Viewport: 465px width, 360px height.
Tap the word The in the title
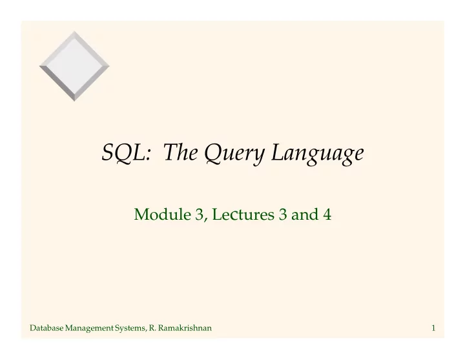[x=181, y=152]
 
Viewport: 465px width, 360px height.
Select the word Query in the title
[x=234, y=154]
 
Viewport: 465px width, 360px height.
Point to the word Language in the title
[x=318, y=154]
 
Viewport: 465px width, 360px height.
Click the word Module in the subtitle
[x=163, y=214]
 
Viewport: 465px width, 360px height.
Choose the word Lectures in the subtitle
[x=243, y=214]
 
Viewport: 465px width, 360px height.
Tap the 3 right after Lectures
[x=283, y=215]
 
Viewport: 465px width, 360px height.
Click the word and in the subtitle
[x=305, y=214]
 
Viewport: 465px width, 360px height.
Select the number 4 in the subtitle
[x=327, y=215]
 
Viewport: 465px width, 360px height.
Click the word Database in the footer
[x=46, y=328]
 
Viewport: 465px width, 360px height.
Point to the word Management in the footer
[x=89, y=328]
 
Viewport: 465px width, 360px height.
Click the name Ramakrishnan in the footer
[x=185, y=328]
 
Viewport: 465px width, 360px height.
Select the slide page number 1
[x=433, y=328]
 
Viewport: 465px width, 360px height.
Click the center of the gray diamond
[x=74, y=66]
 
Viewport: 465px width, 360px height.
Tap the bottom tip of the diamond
[x=74, y=101]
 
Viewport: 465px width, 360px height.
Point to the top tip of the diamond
[x=74, y=31]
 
